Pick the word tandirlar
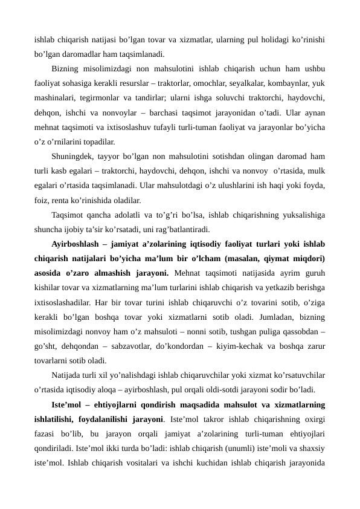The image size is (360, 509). pyautogui.click(x=138, y=97)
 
